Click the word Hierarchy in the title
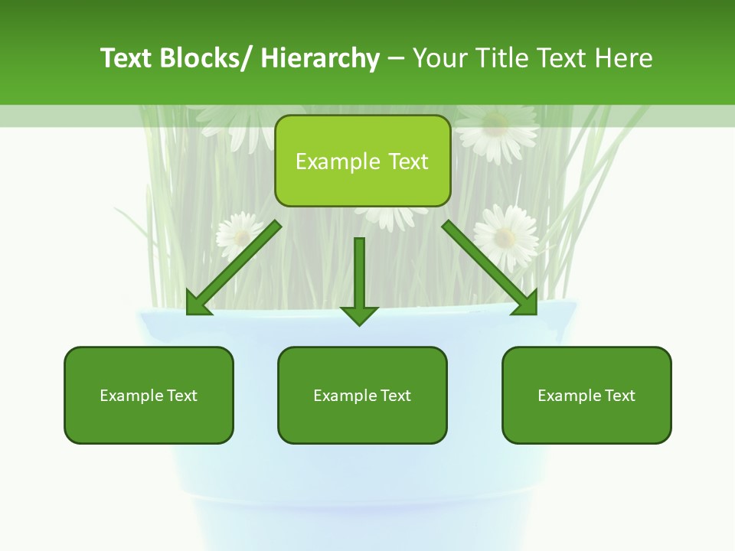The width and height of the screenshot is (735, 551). (320, 58)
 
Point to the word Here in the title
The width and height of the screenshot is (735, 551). (625, 58)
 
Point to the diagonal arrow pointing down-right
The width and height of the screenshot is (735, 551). (490, 269)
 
